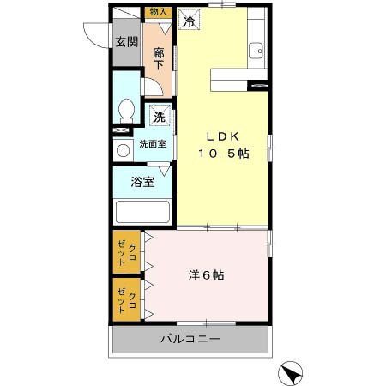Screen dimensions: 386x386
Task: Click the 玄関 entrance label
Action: pos(127,42)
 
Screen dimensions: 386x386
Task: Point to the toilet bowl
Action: pos(127,110)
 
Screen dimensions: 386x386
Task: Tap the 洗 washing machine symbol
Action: pos(160,117)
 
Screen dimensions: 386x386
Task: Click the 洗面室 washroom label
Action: pos(153,145)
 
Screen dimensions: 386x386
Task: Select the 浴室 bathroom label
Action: pos(142,182)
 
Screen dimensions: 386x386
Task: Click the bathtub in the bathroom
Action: pos(142,211)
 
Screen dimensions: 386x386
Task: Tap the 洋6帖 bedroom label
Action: pos(207,276)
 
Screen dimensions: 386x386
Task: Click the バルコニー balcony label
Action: pos(190,340)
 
